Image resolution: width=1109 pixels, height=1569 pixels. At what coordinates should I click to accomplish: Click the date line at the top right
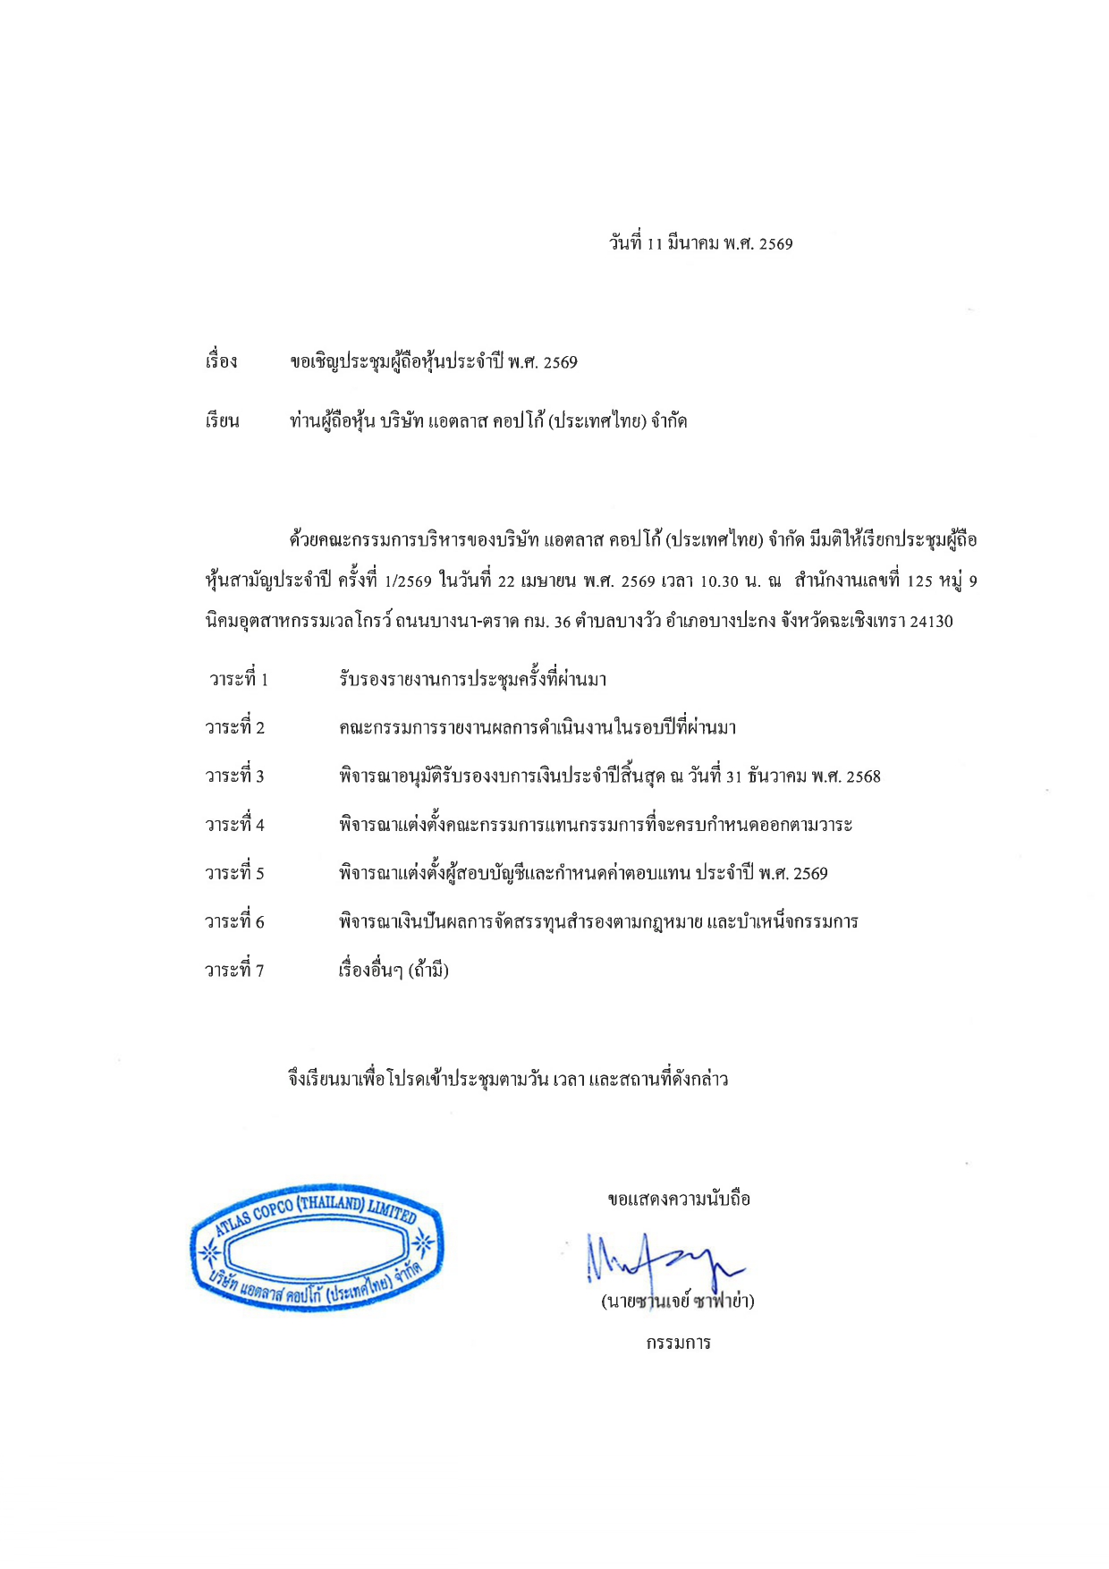(700, 243)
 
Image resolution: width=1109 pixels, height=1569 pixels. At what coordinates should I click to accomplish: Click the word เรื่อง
(221, 361)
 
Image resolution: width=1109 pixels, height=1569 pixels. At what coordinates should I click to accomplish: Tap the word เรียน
(222, 421)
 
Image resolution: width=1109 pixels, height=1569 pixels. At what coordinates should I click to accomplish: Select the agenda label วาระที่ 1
(238, 679)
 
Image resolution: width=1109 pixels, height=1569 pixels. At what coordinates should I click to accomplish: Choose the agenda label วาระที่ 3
(234, 776)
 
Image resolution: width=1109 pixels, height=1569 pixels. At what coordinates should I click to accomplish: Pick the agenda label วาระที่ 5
(234, 873)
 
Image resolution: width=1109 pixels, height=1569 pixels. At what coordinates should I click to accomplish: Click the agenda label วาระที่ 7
(234, 970)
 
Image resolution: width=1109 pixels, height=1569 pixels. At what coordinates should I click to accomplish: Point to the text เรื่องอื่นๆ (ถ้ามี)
(394, 970)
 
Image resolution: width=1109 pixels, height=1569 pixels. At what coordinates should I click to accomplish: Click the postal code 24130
(931, 621)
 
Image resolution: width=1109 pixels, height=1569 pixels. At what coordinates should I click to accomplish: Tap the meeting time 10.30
(718, 581)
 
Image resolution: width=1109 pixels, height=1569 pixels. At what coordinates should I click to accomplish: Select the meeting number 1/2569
(408, 581)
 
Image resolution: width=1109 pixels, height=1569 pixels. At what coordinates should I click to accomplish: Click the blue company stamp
(316, 1247)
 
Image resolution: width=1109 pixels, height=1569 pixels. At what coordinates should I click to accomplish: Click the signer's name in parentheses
(677, 1302)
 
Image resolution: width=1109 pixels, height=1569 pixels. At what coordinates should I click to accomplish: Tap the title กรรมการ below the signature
(678, 1343)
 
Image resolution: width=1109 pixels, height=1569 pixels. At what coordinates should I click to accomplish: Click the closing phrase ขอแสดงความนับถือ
(678, 1199)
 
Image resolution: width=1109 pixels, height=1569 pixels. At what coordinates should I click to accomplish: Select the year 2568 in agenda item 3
(862, 776)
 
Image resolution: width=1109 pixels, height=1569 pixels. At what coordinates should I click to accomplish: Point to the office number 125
(919, 581)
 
